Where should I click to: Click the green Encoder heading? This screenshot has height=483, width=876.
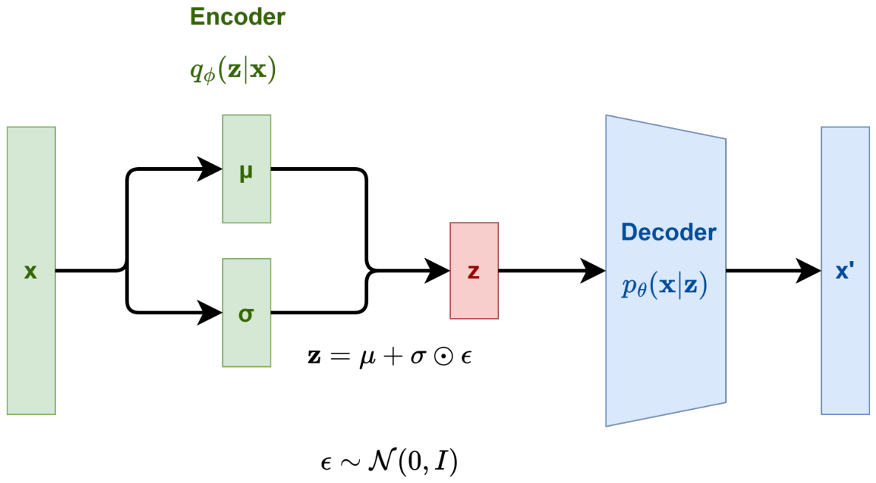[237, 17]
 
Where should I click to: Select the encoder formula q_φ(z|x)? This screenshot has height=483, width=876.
[233, 70]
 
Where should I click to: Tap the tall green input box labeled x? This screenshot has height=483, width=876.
[31, 271]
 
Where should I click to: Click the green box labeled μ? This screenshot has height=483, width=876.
[246, 169]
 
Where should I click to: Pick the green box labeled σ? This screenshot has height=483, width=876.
[246, 312]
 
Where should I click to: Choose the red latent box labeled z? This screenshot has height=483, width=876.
[475, 271]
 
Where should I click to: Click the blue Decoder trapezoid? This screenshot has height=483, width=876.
[666, 271]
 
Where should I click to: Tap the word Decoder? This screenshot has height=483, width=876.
[668, 232]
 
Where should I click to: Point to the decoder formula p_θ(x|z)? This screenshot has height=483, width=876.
[665, 286]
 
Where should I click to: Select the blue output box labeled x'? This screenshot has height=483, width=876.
[845, 271]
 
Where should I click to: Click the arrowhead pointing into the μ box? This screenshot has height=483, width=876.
[210, 169]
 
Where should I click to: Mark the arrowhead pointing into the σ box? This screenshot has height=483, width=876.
[210, 312]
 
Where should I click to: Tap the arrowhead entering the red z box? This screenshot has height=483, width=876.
[438, 271]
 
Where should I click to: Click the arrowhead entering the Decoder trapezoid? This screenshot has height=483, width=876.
[594, 271]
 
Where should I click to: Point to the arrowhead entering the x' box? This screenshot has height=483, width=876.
[809, 271]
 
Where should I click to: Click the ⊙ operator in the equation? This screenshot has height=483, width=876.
[444, 356]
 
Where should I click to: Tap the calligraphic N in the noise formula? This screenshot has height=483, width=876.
[381, 461]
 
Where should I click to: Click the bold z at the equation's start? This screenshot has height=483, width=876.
[314, 357]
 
